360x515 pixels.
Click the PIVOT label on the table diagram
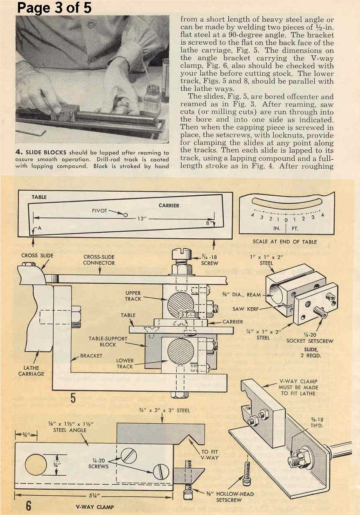99,210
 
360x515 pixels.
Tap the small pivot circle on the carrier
126,215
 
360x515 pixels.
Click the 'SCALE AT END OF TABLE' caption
285,242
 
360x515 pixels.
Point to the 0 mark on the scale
287,219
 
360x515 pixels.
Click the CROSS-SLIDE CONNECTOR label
99,260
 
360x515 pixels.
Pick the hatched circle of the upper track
181,303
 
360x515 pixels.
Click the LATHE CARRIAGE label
32,371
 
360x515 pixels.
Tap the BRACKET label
91,356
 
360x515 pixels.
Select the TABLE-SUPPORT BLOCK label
108,341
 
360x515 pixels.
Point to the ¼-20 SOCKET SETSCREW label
310,338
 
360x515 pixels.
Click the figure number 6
28,505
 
